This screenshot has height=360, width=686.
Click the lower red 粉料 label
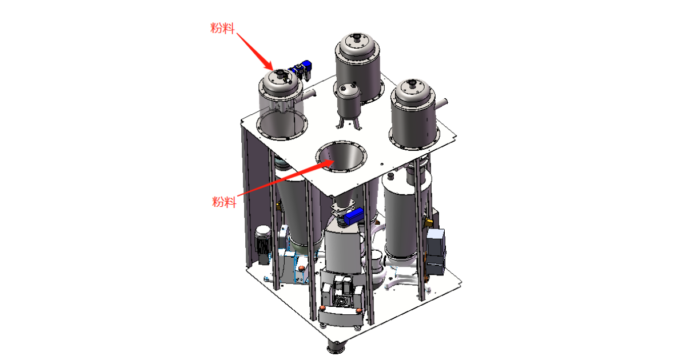(x=224, y=202)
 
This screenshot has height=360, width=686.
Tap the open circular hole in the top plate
(x=341, y=157)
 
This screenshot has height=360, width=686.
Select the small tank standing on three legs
(x=349, y=102)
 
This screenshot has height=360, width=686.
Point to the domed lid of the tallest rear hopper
(x=357, y=43)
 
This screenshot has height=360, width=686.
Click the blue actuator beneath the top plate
(x=353, y=216)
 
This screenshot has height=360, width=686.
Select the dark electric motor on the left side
(x=263, y=240)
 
